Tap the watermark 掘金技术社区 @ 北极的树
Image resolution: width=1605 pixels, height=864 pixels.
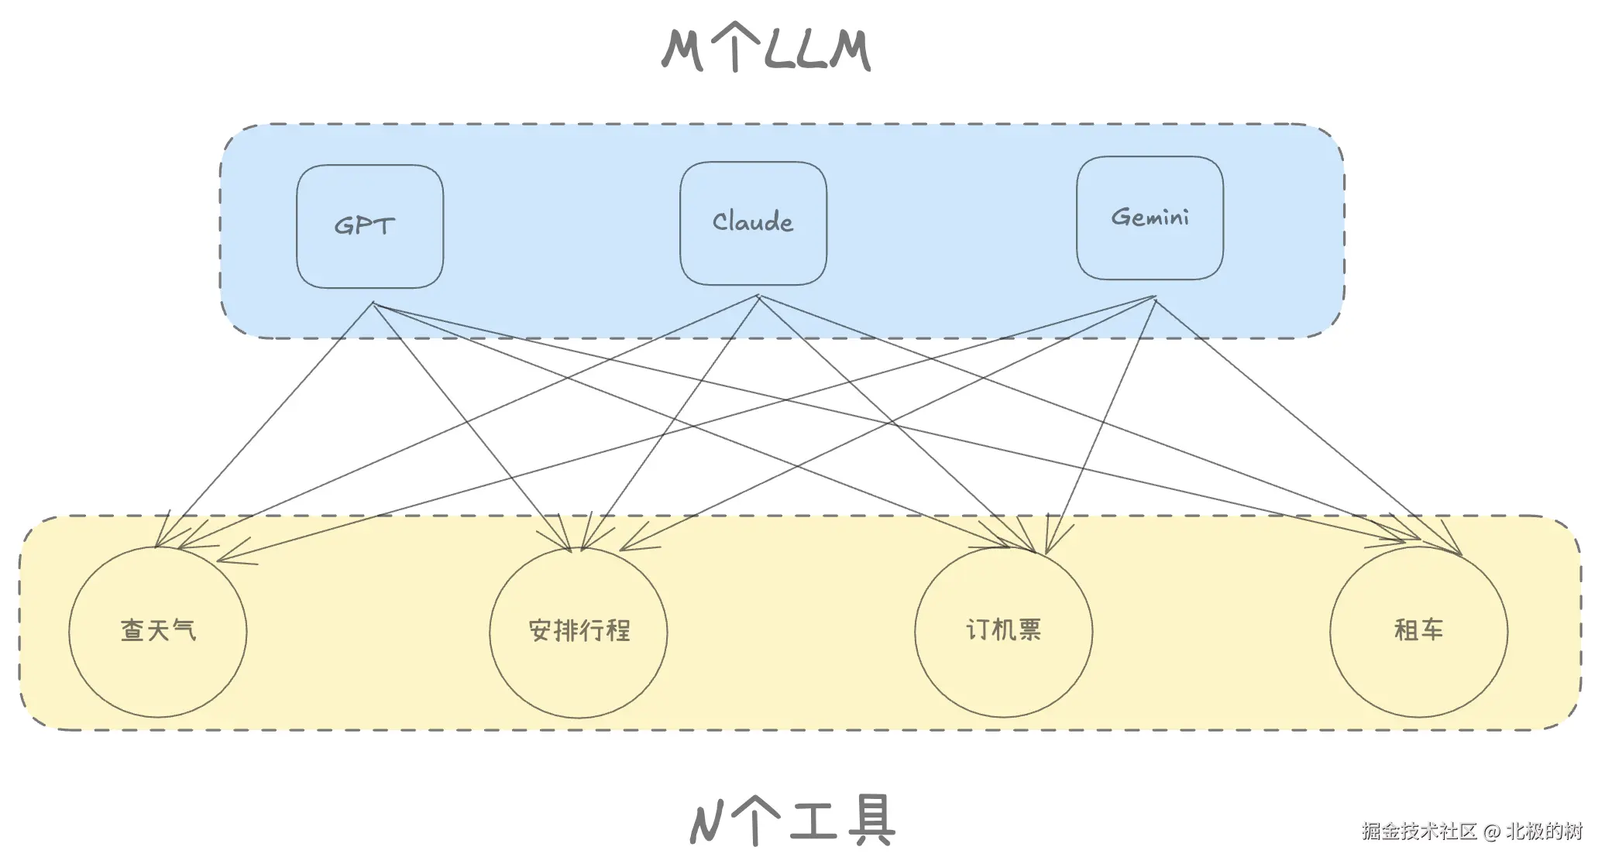pyautogui.click(x=1472, y=831)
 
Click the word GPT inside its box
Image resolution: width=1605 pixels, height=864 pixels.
pyautogui.click(x=364, y=226)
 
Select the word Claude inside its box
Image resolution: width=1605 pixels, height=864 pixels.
pyautogui.click(x=753, y=222)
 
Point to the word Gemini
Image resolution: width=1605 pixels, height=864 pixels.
pyautogui.click(x=1150, y=217)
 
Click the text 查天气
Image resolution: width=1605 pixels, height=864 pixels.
pyautogui.click(x=158, y=630)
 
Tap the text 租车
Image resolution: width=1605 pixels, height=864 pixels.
pyautogui.click(x=1418, y=630)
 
